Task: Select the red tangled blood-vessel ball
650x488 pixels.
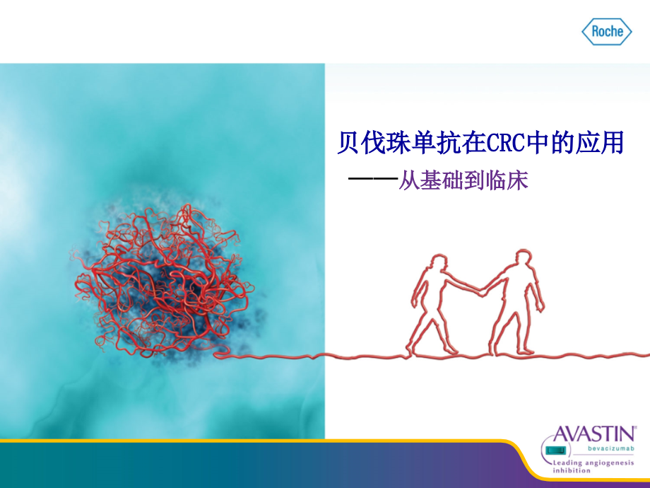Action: click(162, 279)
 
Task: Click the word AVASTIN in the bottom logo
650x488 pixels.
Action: click(595, 434)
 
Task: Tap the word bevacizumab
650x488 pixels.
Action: click(614, 448)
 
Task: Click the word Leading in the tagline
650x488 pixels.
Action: click(568, 462)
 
